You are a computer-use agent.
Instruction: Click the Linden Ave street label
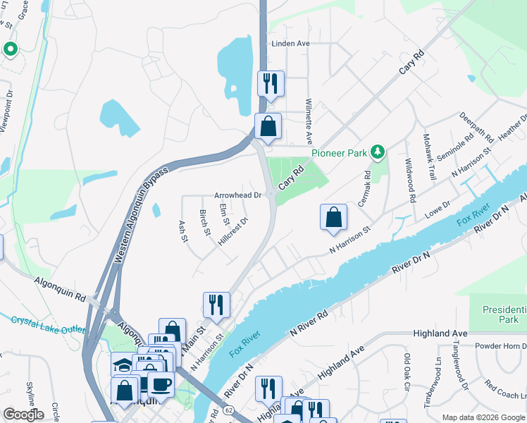pyautogui.click(x=291, y=43)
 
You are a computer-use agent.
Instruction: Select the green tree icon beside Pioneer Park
pyautogui.click(x=378, y=151)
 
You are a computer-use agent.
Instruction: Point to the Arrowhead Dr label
pyautogui.click(x=238, y=195)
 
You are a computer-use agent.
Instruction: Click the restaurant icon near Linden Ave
pyautogui.click(x=270, y=84)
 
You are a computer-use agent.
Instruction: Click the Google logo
pyautogui.click(x=23, y=415)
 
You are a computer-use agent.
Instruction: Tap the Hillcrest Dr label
pyautogui.click(x=233, y=231)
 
